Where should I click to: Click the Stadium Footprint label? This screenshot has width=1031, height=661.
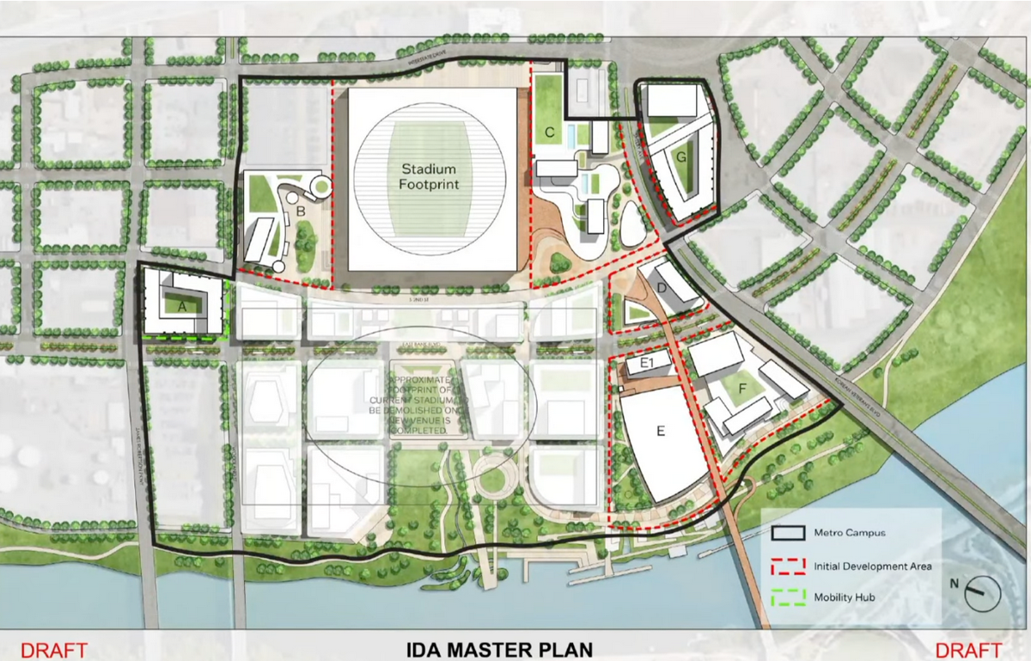(429, 177)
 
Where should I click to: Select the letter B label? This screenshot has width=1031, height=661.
(301, 211)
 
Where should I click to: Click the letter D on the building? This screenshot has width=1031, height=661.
(662, 287)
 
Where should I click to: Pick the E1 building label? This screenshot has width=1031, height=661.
(650, 365)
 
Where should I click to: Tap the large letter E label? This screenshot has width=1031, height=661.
(661, 431)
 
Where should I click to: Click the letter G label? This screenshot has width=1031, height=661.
(680, 158)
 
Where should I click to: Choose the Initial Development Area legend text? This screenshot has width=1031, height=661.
(871, 566)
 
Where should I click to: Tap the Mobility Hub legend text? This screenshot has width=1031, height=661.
(845, 597)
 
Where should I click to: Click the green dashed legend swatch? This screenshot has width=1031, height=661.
(789, 597)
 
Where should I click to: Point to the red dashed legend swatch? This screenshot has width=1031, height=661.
(789, 566)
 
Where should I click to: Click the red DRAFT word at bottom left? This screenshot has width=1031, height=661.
(54, 650)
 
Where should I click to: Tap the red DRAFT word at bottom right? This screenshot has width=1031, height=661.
(968, 650)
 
